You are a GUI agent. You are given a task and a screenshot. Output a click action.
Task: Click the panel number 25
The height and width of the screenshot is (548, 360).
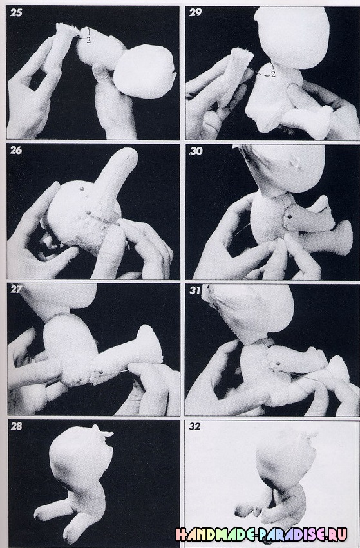pos(16,13)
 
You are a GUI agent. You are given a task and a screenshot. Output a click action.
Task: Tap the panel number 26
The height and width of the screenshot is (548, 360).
pos(16,150)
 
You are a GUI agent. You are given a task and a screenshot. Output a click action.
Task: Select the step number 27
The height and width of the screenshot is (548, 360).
pos(16,289)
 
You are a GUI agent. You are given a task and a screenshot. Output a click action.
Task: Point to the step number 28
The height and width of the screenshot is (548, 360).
pos(16,426)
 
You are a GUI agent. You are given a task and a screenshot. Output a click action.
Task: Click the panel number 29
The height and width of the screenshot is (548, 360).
pos(195,13)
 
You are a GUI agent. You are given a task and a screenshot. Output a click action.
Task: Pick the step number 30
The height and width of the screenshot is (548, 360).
pos(196,151)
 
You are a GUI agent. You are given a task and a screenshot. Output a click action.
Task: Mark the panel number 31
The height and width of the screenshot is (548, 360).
pos(195,290)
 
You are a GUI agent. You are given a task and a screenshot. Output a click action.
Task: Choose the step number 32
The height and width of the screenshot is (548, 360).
pos(194,426)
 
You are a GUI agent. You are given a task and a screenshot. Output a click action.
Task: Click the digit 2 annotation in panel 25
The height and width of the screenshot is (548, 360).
pos(88,40)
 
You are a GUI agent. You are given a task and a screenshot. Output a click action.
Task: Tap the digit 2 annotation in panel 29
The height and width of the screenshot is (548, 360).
pos(273,74)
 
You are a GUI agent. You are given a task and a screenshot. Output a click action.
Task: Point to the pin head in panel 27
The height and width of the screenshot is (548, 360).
pos(101,372)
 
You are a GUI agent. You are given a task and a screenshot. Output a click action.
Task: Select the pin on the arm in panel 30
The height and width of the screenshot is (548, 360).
pos(290,218)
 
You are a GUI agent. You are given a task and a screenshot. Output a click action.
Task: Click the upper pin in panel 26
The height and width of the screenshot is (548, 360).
pos(82,189)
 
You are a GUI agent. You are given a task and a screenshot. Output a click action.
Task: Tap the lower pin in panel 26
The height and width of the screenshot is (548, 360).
pos(88,212)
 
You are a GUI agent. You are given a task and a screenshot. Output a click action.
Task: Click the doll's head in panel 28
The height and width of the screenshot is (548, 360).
pos(81,455)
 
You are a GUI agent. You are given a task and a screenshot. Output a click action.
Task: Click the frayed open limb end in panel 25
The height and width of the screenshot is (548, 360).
pos(66,28)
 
